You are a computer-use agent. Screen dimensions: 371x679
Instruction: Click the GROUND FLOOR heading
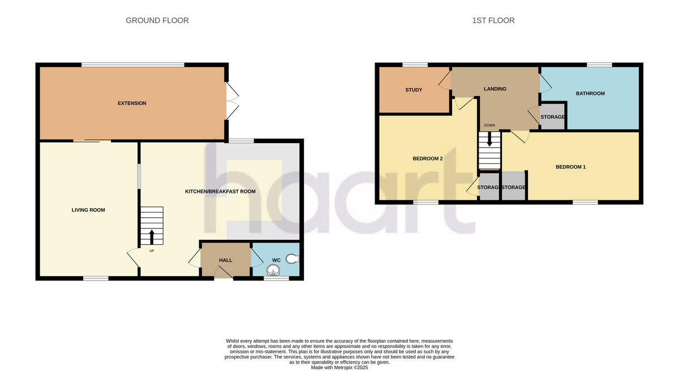[157, 20]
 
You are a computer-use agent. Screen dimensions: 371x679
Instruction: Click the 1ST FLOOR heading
[493, 20]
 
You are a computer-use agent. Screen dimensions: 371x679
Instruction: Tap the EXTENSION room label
[132, 103]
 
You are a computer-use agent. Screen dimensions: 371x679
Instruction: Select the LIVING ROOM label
[88, 210]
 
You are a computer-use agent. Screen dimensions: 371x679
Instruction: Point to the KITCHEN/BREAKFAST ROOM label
[220, 192]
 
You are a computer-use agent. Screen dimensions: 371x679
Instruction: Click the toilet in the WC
[292, 259]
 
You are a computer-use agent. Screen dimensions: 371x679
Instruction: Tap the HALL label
[226, 260]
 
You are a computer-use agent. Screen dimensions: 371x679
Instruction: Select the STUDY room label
[414, 90]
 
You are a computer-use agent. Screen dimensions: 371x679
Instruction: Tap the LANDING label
[495, 89]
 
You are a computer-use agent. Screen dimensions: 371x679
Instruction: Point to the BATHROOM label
[590, 93]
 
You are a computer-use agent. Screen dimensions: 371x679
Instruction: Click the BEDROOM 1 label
[570, 167]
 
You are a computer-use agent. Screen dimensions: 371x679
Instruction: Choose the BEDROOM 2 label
[427, 159]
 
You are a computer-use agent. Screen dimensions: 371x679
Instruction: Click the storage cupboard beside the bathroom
[552, 117]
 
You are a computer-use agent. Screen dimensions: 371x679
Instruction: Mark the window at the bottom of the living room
[96, 278]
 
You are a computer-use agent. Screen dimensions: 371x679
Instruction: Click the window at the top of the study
[415, 65]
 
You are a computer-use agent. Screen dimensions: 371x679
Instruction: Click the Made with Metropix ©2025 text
[339, 367]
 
